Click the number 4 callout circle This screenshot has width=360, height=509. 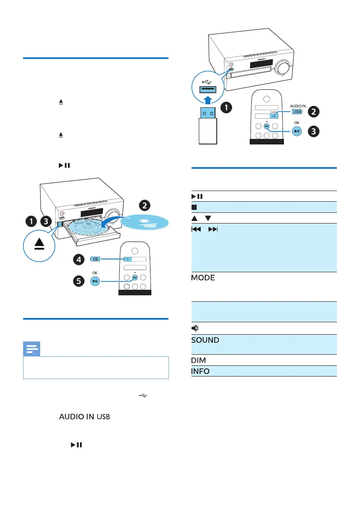(78, 259)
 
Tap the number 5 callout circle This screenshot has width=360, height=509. (78, 281)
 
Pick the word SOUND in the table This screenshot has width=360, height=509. (205, 340)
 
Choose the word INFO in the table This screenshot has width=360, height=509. (200, 371)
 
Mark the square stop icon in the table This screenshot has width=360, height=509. (194, 207)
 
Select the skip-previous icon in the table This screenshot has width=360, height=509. (195, 229)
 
